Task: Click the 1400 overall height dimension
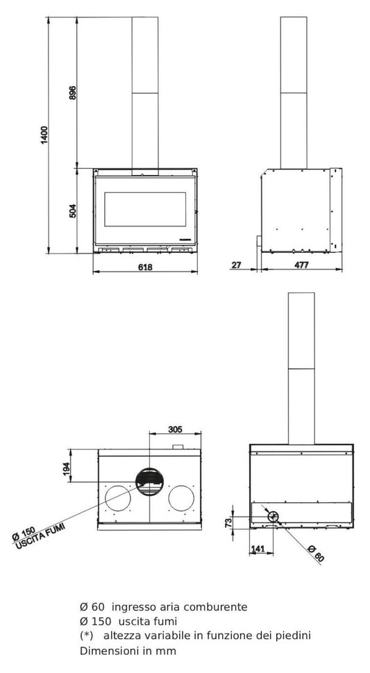[x=44, y=135]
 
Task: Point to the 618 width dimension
[x=144, y=266]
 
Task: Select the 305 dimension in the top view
[x=176, y=429]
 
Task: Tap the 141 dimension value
[x=257, y=549]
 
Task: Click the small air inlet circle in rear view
[x=273, y=516]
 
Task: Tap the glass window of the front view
[x=146, y=208]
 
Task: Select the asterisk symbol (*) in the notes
[x=87, y=635]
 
